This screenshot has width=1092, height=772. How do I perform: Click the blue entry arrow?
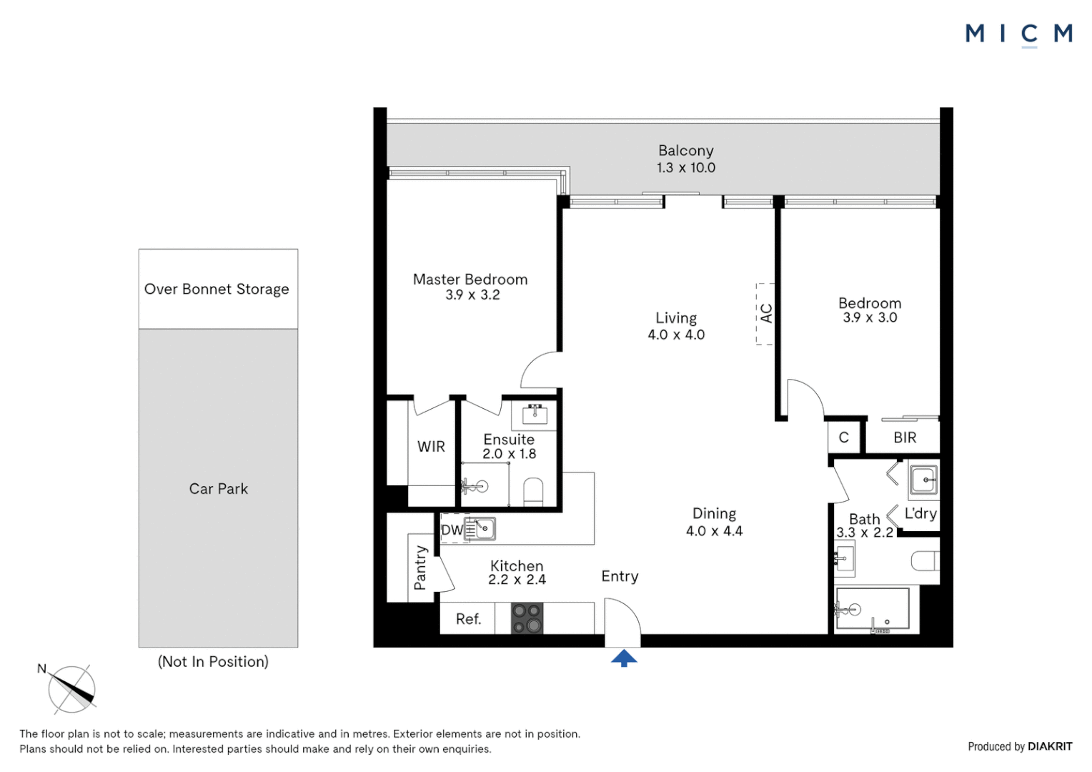624,658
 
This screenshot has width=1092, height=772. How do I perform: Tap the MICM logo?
1019,34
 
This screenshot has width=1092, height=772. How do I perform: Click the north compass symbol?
71,688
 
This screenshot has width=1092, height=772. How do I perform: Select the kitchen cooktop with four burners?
527,618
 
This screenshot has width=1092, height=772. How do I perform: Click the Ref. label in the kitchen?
469,619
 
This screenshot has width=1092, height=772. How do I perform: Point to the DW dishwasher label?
452,530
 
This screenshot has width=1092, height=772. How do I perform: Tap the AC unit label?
766,314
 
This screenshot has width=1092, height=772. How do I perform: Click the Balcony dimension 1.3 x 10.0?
686,168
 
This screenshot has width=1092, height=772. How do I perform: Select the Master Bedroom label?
470,279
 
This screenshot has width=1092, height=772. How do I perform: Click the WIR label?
431,446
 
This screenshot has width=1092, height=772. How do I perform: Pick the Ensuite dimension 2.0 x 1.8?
510,454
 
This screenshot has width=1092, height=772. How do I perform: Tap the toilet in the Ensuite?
533,492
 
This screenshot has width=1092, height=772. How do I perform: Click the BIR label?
905,437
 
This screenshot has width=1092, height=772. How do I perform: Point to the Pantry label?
420,568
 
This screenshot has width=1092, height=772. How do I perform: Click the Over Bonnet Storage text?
217,289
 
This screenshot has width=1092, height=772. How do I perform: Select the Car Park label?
219,489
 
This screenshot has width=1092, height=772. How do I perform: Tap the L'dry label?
920,513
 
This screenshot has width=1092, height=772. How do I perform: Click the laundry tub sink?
923,480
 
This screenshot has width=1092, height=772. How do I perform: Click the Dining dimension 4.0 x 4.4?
714,531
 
